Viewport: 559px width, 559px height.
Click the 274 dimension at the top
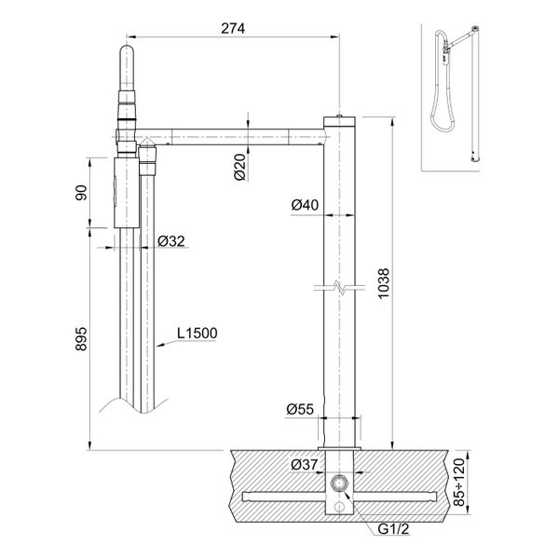click(232, 28)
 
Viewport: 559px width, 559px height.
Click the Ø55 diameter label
click(300, 408)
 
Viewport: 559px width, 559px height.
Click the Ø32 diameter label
click(169, 240)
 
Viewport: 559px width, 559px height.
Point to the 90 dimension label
click(81, 193)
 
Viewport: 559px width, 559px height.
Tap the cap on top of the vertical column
click(338, 117)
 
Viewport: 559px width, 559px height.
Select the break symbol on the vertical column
click(338, 288)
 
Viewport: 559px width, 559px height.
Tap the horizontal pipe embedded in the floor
click(279, 492)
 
